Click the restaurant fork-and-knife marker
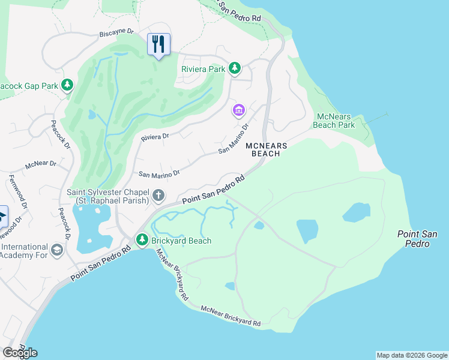click(x=158, y=44)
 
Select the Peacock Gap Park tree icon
click(x=68, y=86)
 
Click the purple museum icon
click(x=238, y=110)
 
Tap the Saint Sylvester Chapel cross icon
click(x=158, y=195)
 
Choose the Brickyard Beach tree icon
click(x=142, y=241)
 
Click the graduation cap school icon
click(x=57, y=250)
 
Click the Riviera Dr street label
click(x=154, y=137)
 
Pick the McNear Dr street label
click(x=40, y=164)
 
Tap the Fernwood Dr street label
click(x=17, y=192)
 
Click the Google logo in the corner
click(x=20, y=352)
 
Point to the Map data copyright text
click(x=411, y=355)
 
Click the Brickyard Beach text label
click(x=182, y=241)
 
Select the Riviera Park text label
click(x=203, y=69)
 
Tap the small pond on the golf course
click(x=91, y=113)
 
